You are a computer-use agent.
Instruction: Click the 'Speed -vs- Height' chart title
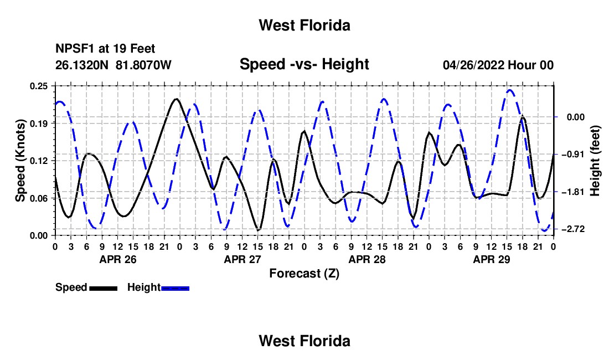[x=304, y=64]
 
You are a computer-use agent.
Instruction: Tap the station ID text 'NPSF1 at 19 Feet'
[x=105, y=49]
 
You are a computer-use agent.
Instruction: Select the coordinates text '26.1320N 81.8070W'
[x=113, y=65]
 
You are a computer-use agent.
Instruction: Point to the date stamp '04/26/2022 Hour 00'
[x=498, y=65]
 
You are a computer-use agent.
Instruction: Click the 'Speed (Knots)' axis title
[x=20, y=161]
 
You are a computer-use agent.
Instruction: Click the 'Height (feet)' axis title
[x=595, y=161]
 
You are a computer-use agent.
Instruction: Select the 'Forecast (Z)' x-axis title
[x=304, y=274]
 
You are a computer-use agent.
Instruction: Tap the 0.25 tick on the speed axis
[x=38, y=86]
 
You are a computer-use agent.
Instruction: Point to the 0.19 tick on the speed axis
[x=38, y=124]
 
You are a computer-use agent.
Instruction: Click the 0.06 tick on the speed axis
[x=38, y=198]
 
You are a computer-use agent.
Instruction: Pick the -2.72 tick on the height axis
[x=573, y=229]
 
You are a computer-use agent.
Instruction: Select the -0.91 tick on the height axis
[x=573, y=155]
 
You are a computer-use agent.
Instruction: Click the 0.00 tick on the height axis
[x=576, y=117]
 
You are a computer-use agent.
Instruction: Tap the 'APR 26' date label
[x=118, y=259]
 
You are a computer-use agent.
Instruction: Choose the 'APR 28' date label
[x=367, y=259]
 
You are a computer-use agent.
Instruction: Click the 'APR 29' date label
[x=491, y=259]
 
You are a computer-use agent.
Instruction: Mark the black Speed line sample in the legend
[x=104, y=289]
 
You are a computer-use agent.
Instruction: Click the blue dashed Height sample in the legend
[x=175, y=289]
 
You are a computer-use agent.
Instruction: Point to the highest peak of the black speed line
[x=176, y=99]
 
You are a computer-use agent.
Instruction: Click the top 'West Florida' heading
[x=304, y=25]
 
